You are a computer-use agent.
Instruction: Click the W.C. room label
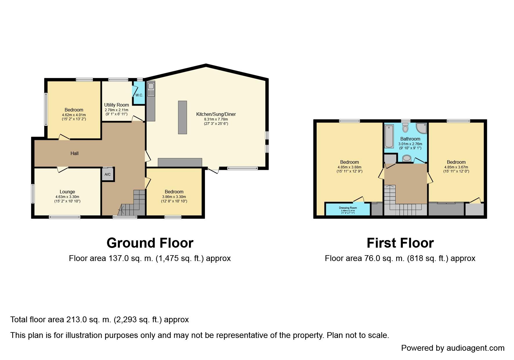(x=139, y=95)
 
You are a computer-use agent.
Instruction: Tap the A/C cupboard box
(x=107, y=174)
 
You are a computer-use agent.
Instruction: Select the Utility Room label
(x=116, y=105)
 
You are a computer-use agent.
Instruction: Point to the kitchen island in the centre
(x=182, y=117)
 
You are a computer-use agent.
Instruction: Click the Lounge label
(x=67, y=192)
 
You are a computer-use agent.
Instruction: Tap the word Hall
(x=75, y=153)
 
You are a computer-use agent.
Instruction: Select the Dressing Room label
(x=348, y=208)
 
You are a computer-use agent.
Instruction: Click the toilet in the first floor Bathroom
(x=405, y=127)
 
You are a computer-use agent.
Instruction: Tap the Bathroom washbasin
(x=407, y=158)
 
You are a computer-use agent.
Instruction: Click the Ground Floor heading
(x=150, y=243)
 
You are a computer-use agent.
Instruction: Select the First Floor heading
(x=400, y=243)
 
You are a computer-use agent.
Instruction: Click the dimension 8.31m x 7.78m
(x=216, y=119)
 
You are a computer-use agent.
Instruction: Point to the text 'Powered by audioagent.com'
(x=452, y=348)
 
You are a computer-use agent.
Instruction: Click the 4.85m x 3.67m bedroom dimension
(x=456, y=167)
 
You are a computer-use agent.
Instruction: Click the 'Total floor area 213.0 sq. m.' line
(x=99, y=320)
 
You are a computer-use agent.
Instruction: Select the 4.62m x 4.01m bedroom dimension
(x=74, y=115)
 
